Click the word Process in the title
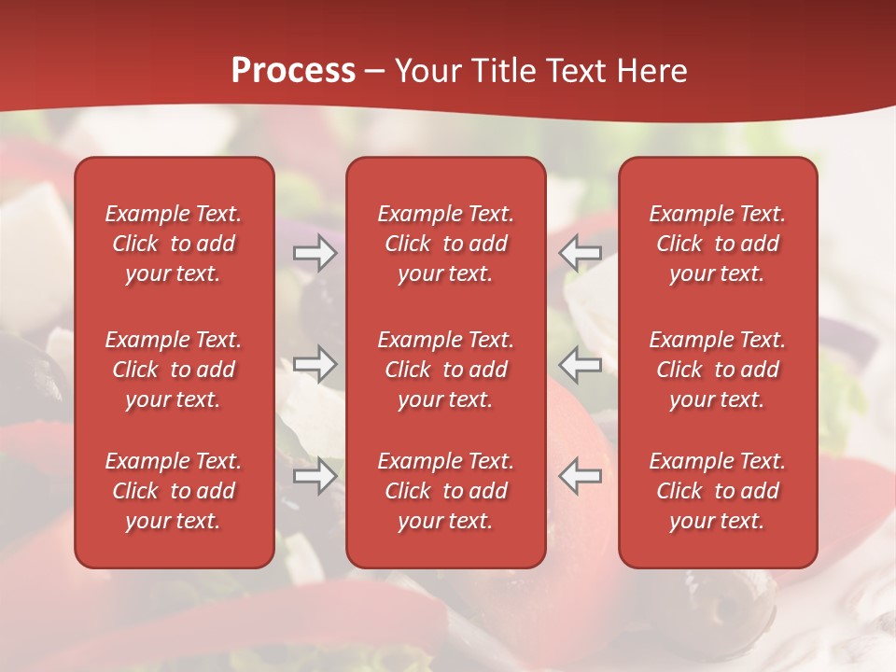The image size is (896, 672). pos(293,71)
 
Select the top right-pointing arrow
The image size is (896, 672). pos(315,252)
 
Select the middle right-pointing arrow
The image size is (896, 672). pos(315,364)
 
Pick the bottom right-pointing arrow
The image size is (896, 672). pos(315,476)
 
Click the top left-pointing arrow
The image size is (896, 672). pos(581,252)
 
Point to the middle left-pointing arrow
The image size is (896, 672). pos(581,364)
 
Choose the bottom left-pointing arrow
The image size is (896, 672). pos(581,476)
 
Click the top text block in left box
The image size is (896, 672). pos(174,244)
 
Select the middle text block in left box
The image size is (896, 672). pos(174,370)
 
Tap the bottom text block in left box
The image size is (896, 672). pos(174,491)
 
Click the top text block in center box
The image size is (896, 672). pos(445,244)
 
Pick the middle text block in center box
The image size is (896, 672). pos(445,370)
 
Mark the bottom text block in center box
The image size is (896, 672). pos(445,491)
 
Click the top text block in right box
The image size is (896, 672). pos(717,244)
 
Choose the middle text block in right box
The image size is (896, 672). pos(717,370)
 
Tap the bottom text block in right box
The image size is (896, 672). pos(717,491)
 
